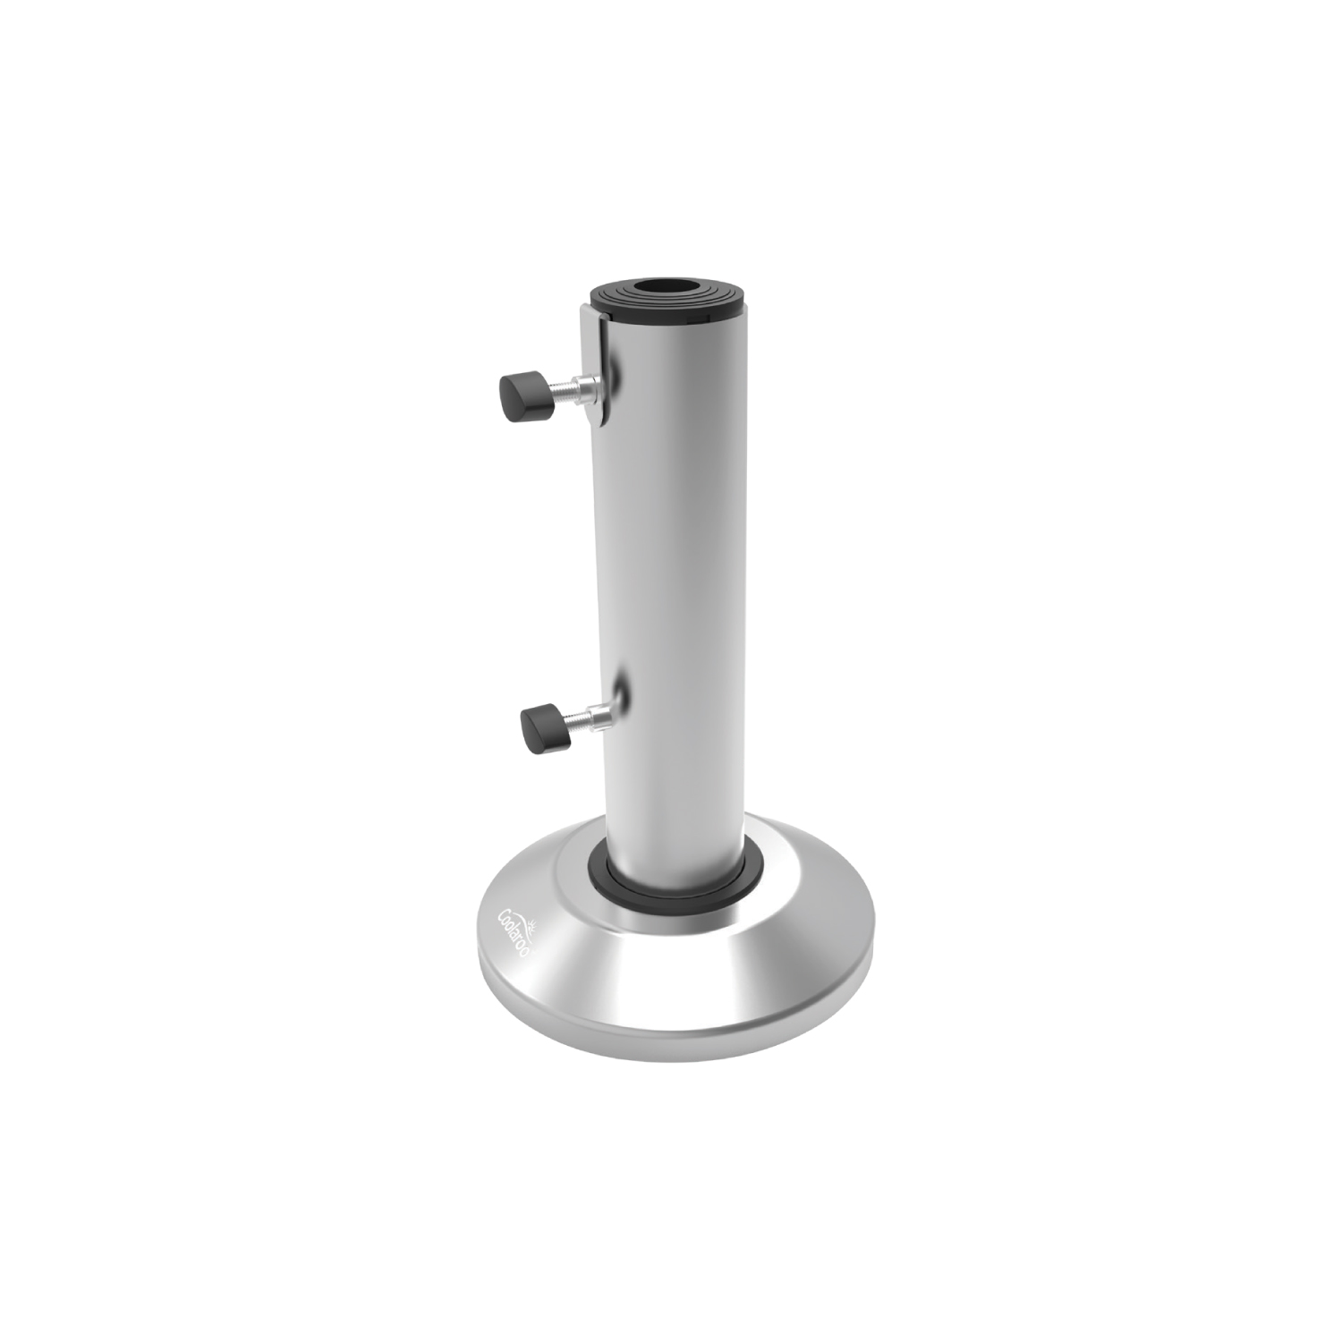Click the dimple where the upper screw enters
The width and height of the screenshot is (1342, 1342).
[x=614, y=376]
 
